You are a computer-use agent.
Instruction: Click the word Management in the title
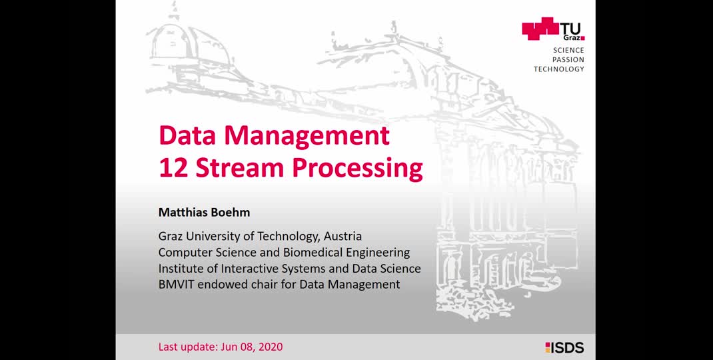click(307, 135)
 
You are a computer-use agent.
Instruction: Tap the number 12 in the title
click(173, 167)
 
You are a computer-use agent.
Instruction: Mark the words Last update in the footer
click(187, 347)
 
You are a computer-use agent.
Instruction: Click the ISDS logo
click(565, 348)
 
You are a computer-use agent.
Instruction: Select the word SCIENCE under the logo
click(568, 51)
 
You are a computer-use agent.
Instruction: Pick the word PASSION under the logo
click(568, 59)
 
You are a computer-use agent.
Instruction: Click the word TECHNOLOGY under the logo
click(559, 69)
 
